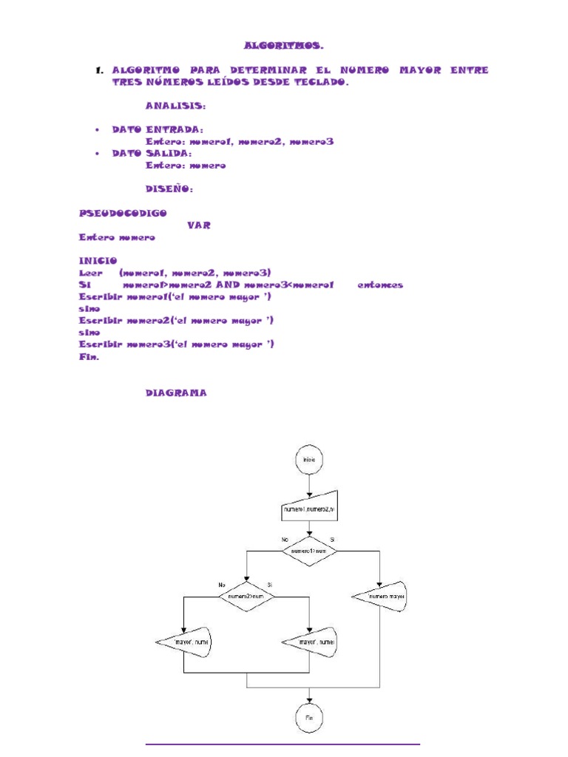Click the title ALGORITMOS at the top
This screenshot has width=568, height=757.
(284, 46)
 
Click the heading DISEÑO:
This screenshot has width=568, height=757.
(169, 189)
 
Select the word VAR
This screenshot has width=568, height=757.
(199, 225)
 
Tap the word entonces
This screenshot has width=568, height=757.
(380, 285)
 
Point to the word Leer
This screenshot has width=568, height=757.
(89, 272)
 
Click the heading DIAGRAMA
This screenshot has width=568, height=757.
(176, 393)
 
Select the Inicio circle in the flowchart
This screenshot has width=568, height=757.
(309, 459)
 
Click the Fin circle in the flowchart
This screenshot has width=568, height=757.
(309, 718)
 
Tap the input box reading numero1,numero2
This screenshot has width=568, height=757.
(309, 509)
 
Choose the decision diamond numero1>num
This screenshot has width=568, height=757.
(309, 551)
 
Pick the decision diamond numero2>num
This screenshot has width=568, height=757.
(246, 595)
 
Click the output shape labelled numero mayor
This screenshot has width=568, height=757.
(380, 595)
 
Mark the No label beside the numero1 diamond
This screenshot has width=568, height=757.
(284, 540)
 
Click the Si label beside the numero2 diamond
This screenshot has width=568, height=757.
(270, 585)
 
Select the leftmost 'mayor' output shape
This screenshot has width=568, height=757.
(185, 642)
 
